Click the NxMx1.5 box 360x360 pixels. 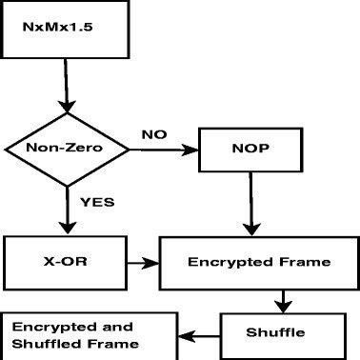click(66, 28)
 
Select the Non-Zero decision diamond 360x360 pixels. click(65, 149)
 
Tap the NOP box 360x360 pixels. click(249, 149)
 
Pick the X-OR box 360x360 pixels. click(64, 260)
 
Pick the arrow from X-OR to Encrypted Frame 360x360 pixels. click(143, 260)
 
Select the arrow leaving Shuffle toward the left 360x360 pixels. click(201, 334)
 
